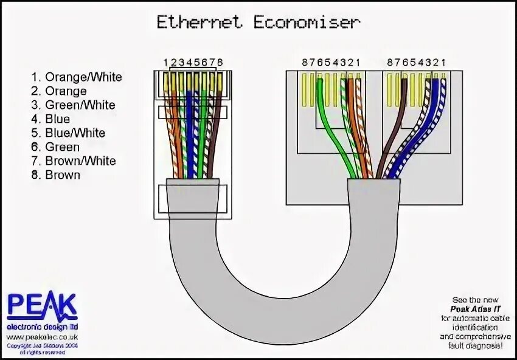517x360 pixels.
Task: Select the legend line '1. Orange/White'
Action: tap(77, 77)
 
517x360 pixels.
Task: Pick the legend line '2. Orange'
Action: tap(59, 91)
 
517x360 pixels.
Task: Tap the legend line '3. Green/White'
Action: tap(74, 105)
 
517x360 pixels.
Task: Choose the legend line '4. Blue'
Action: tap(51, 119)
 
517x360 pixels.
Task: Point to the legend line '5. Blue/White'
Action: tap(68, 133)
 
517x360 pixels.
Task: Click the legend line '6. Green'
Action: tap(56, 147)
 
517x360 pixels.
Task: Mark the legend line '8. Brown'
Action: tap(56, 175)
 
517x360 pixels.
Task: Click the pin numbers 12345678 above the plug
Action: tap(193, 62)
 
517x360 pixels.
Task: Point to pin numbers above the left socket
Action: tap(331, 62)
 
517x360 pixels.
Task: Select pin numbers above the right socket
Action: tap(417, 62)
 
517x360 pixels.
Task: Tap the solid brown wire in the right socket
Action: tap(389, 140)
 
